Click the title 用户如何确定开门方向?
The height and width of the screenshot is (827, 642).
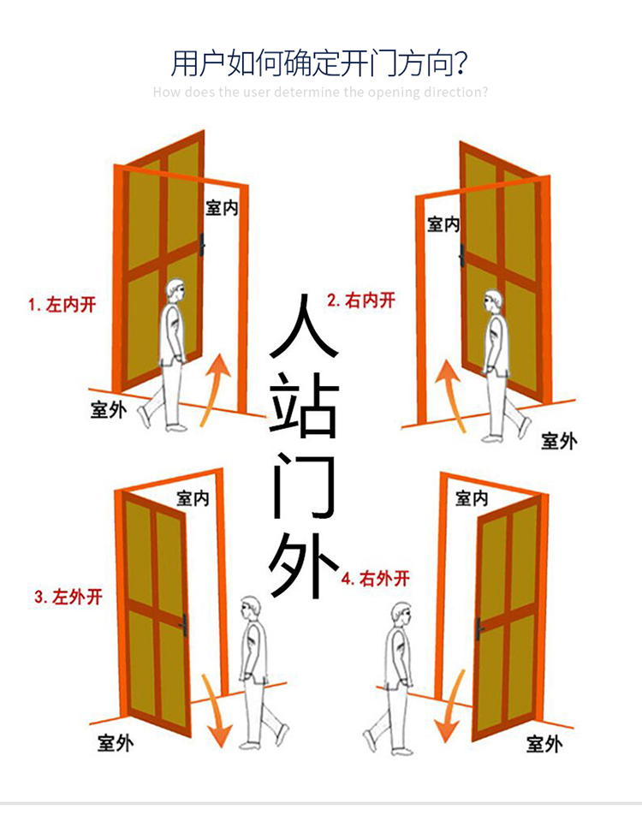click(320, 63)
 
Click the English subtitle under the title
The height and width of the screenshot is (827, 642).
click(320, 92)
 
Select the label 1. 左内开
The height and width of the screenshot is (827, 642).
click(62, 304)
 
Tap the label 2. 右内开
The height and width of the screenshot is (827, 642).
click(361, 300)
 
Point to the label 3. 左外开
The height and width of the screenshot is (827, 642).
click(68, 597)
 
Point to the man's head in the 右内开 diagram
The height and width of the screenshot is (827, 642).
click(491, 300)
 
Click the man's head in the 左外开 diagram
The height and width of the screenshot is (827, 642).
click(249, 609)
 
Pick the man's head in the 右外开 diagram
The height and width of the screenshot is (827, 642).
click(401, 614)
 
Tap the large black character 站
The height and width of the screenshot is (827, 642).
click(304, 411)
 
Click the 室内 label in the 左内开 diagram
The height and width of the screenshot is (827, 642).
click(222, 208)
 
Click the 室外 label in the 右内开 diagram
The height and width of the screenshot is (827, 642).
click(558, 441)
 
